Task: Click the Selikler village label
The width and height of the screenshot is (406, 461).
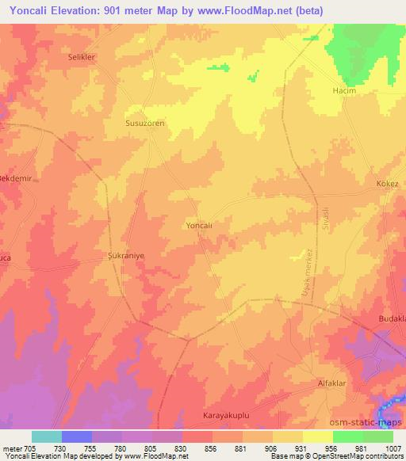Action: click(x=82, y=58)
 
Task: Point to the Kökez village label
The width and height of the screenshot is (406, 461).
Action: click(x=386, y=184)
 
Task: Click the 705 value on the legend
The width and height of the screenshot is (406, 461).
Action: click(x=29, y=448)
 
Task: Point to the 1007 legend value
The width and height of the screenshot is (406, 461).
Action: click(x=393, y=448)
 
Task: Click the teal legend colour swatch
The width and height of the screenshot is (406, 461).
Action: click(x=47, y=436)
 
